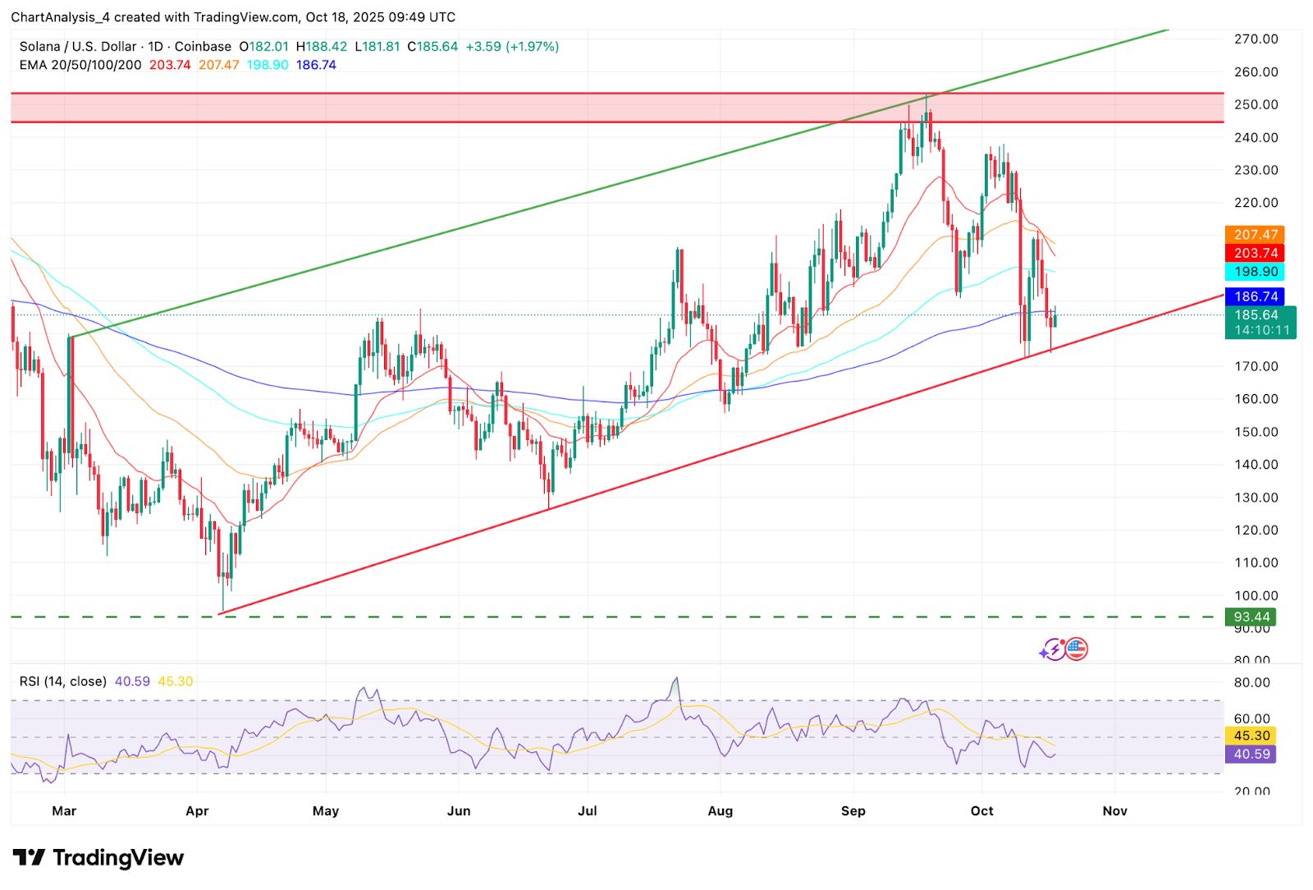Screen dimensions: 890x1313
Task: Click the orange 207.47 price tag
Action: click(x=1255, y=235)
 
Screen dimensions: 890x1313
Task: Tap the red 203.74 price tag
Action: click(x=1255, y=253)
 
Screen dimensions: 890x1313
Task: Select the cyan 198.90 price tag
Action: click(x=1255, y=272)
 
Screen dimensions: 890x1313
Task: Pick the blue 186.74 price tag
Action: click(x=1255, y=296)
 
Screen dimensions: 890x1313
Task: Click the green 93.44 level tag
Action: click(x=1251, y=617)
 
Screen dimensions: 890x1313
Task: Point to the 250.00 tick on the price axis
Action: click(x=1256, y=104)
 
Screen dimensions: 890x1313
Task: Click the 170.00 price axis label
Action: click(x=1256, y=366)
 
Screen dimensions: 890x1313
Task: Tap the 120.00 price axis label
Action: click(x=1256, y=530)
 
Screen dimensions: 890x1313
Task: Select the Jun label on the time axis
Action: click(x=459, y=811)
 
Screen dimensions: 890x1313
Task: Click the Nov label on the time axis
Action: click(x=1114, y=811)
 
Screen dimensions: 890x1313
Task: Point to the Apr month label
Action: click(x=197, y=811)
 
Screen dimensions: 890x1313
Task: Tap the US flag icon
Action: click(x=1077, y=649)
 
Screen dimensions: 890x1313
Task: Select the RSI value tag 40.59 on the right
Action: click(x=1251, y=754)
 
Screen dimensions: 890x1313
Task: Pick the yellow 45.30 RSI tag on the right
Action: click(x=1251, y=736)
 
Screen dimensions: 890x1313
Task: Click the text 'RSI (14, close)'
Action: click(x=63, y=681)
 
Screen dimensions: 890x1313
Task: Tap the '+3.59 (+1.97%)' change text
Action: click(x=512, y=47)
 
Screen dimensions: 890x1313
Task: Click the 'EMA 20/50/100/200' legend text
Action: click(x=80, y=65)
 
